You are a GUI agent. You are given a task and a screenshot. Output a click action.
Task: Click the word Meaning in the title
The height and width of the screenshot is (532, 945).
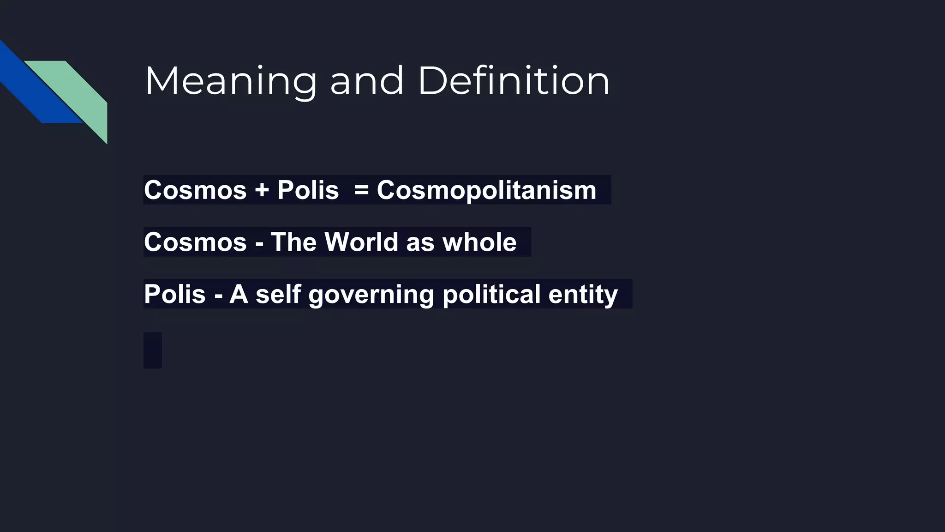(230, 82)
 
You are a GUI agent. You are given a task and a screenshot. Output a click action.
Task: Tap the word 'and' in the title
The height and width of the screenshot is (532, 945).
(367, 82)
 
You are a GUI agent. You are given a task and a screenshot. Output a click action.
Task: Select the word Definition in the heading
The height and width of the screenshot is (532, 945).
(514, 82)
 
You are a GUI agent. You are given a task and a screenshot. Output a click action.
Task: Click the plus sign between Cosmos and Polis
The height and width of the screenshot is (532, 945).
(262, 190)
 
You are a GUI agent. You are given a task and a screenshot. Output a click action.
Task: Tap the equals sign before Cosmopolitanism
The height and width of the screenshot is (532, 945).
(361, 190)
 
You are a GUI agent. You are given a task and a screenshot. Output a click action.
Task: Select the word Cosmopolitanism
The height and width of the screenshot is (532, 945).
(486, 190)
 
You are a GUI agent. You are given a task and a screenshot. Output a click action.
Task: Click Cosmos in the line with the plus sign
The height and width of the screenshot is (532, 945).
(195, 190)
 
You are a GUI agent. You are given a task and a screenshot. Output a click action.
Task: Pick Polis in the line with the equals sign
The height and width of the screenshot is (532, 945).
(308, 190)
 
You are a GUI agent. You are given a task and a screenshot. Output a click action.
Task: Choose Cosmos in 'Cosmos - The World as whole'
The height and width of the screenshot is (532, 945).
(195, 242)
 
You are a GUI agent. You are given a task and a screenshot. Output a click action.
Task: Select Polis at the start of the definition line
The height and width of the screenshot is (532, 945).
(174, 294)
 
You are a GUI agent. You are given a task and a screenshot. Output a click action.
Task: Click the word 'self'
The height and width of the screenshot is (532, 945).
(278, 294)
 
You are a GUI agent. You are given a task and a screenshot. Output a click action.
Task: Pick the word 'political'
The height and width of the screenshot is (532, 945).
(491, 294)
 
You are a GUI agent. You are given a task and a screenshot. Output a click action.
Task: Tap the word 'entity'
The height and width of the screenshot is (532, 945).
(583, 294)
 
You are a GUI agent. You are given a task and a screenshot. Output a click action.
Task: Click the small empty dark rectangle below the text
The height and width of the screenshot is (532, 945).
(153, 350)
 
